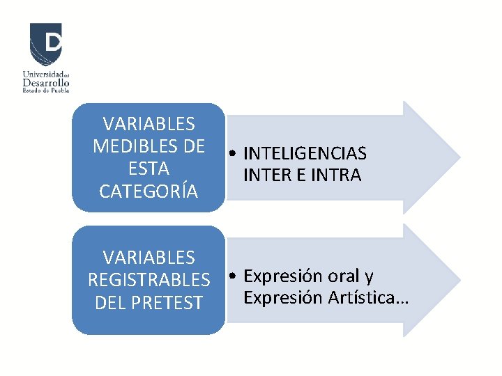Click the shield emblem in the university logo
point(45,43)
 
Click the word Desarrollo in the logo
point(46,82)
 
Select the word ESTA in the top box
point(149,169)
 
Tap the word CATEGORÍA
point(149,191)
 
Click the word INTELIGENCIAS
point(305,154)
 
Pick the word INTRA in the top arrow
point(337,175)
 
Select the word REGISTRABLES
point(149,280)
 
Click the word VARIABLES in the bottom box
point(149,258)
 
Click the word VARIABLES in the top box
point(149,124)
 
